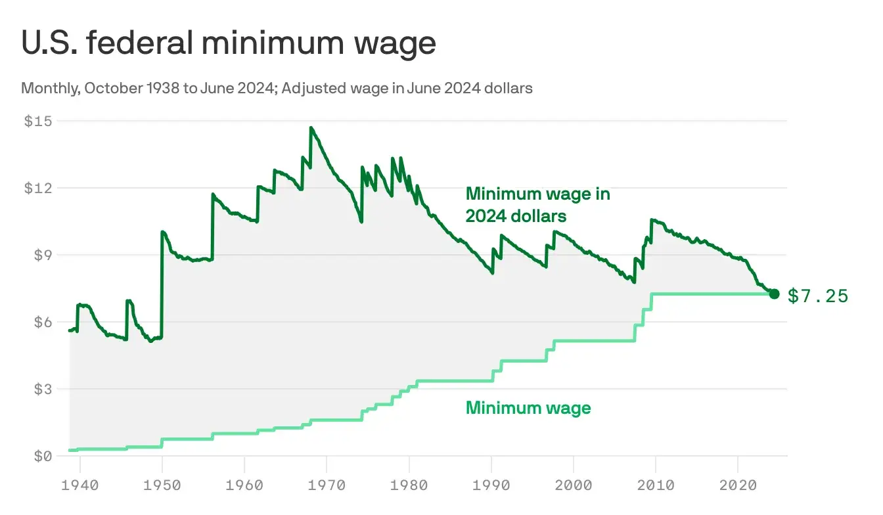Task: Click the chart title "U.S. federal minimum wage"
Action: click(229, 43)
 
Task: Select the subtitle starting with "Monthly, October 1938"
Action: click(277, 88)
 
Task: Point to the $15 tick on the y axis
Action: click(38, 121)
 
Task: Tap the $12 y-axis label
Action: click(38, 188)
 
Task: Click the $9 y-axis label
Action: click(42, 255)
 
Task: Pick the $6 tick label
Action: click(42, 322)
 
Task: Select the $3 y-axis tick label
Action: click(42, 389)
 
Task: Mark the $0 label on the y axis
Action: click(42, 456)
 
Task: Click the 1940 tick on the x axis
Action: click(79, 485)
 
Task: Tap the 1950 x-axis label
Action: click(162, 485)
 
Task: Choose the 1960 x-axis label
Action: click(244, 485)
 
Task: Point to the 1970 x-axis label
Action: click(327, 485)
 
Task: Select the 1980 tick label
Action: click(409, 485)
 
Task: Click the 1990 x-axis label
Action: click(491, 485)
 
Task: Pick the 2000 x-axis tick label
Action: click(574, 485)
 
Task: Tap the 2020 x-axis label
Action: click(738, 485)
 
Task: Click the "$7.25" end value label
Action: click(818, 296)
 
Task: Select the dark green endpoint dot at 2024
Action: click(774, 294)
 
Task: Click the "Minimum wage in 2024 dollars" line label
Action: click(537, 204)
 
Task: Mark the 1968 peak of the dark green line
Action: click(311, 128)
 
